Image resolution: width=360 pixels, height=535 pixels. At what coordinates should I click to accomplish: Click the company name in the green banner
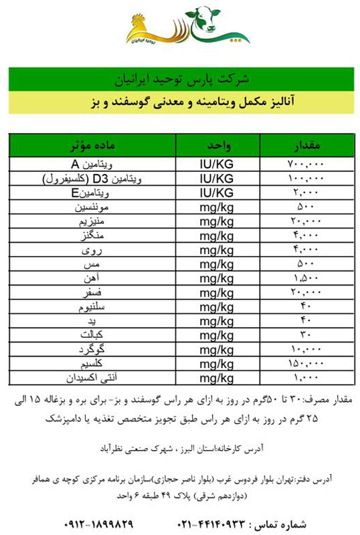click(179, 78)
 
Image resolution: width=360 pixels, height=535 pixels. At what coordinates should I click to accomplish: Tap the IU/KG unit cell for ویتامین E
click(217, 193)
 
